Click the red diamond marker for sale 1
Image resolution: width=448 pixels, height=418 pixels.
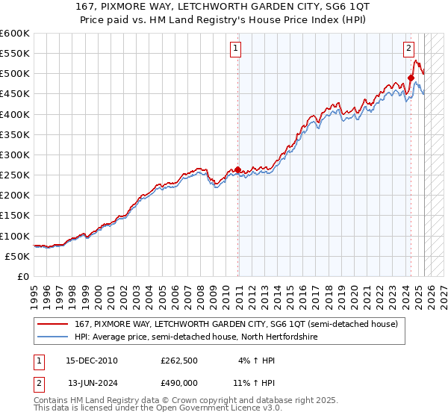pyautogui.click(x=238, y=169)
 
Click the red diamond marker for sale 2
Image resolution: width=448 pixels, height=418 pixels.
pyautogui.click(x=411, y=78)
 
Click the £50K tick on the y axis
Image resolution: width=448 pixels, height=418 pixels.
pyautogui.click(x=17, y=256)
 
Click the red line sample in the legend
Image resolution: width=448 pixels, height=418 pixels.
pyautogui.click(x=54, y=324)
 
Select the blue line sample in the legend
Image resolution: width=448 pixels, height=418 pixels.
pyautogui.click(x=54, y=337)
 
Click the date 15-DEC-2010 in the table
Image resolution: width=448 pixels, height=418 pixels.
pyautogui.click(x=93, y=361)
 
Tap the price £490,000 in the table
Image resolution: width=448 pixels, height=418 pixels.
pyautogui.click(x=179, y=381)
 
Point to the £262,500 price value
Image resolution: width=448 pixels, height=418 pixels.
pyautogui.click(x=179, y=361)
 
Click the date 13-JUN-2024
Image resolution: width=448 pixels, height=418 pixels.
pyautogui.click(x=93, y=381)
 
